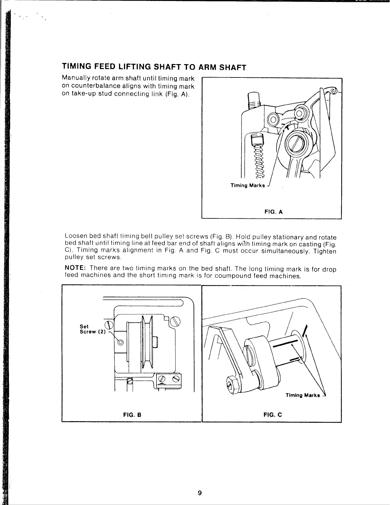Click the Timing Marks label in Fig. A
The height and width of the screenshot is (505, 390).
click(248, 186)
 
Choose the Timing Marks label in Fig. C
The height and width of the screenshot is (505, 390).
click(303, 395)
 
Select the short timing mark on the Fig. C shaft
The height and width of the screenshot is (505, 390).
click(295, 359)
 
